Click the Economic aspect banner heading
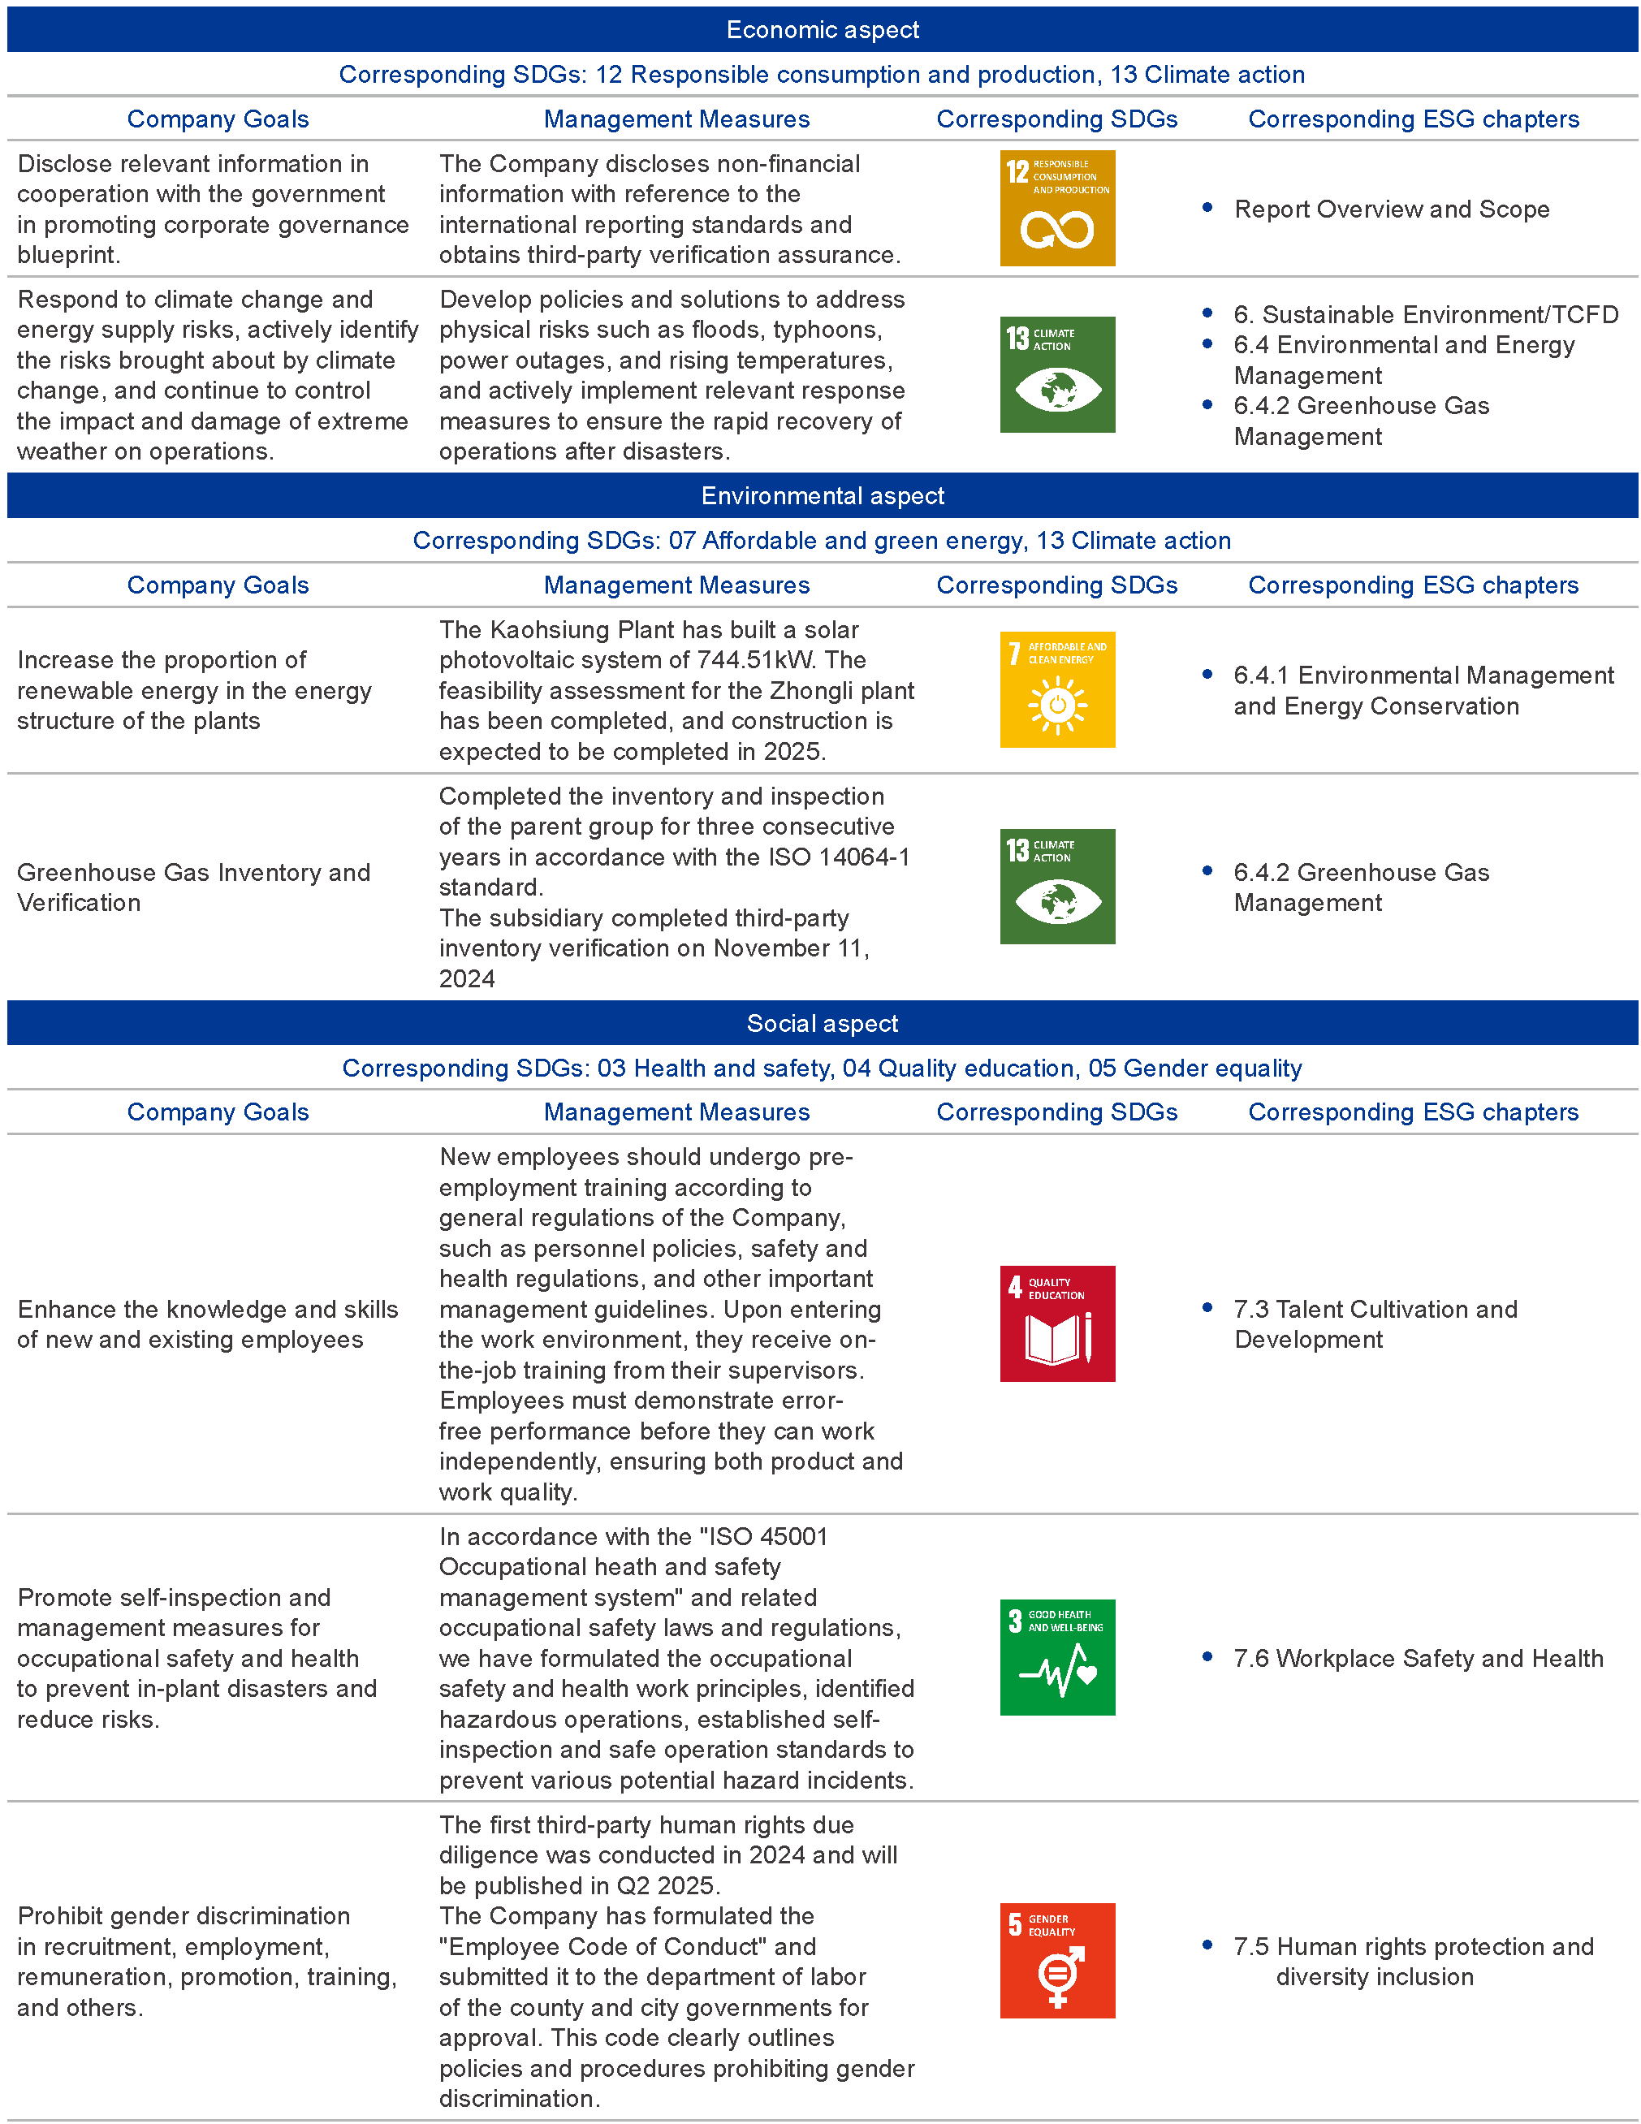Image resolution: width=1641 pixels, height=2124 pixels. (x=822, y=30)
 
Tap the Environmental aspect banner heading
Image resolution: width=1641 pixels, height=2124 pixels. (x=822, y=496)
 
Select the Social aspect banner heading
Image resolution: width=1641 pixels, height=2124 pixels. (x=822, y=1023)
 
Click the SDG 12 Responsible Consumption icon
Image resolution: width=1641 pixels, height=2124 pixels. (x=1056, y=208)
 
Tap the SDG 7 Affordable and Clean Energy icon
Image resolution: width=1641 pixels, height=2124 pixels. (x=1056, y=689)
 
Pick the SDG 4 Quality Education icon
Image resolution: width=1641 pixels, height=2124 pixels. (x=1056, y=1323)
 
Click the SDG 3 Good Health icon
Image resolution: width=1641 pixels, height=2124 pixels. (x=1056, y=1657)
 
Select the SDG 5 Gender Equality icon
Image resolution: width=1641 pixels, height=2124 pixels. (x=1056, y=1961)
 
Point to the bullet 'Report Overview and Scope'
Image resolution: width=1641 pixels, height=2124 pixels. (x=1390, y=209)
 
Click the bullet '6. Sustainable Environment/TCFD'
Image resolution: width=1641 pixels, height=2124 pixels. (x=1425, y=315)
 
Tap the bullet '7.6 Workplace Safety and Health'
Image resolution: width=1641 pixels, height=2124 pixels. (x=1417, y=1658)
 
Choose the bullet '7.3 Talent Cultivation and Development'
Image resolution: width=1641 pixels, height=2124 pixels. (x=1375, y=1323)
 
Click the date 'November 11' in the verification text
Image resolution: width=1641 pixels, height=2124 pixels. (x=790, y=948)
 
